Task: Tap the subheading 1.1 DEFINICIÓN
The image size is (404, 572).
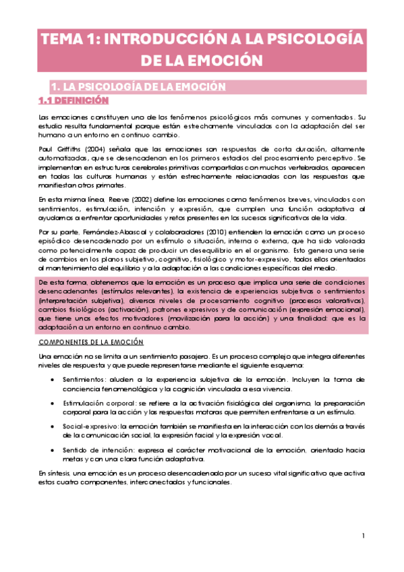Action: tap(74, 101)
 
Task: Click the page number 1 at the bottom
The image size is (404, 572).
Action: tap(363, 536)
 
